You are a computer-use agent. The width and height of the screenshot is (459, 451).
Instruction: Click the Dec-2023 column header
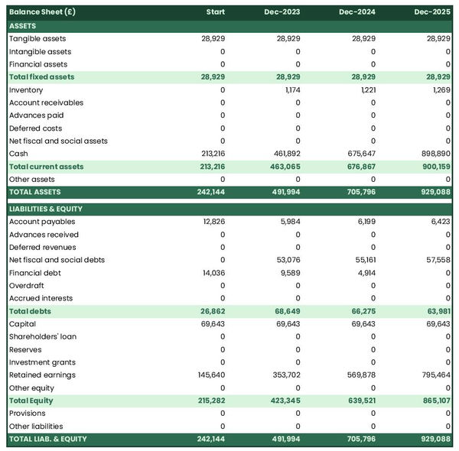(282, 12)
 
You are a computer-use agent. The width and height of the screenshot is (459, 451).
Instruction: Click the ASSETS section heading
(22, 26)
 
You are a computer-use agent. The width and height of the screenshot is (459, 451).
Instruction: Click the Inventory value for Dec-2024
(364, 90)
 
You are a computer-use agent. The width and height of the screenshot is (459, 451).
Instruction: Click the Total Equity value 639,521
(360, 401)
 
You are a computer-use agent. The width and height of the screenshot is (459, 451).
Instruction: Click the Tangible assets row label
(37, 38)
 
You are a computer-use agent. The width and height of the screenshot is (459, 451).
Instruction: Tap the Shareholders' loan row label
(42, 336)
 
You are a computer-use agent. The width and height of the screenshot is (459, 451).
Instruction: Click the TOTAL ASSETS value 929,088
(434, 192)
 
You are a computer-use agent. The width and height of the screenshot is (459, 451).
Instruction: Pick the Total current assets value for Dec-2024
(360, 167)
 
